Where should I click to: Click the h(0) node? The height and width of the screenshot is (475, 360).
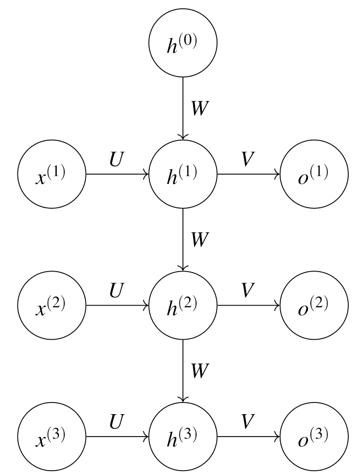(x=182, y=42)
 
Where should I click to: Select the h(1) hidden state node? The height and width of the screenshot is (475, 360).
(x=182, y=174)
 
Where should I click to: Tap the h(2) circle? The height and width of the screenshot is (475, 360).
(x=182, y=306)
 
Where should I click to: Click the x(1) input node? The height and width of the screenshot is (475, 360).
(x=51, y=174)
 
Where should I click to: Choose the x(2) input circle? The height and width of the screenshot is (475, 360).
(x=51, y=306)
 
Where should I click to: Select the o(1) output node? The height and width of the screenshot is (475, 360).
(x=314, y=174)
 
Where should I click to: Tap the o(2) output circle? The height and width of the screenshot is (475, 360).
(x=314, y=306)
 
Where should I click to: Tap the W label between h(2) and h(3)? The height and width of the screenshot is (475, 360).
(x=200, y=371)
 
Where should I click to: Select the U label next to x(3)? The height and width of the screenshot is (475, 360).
(x=117, y=420)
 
